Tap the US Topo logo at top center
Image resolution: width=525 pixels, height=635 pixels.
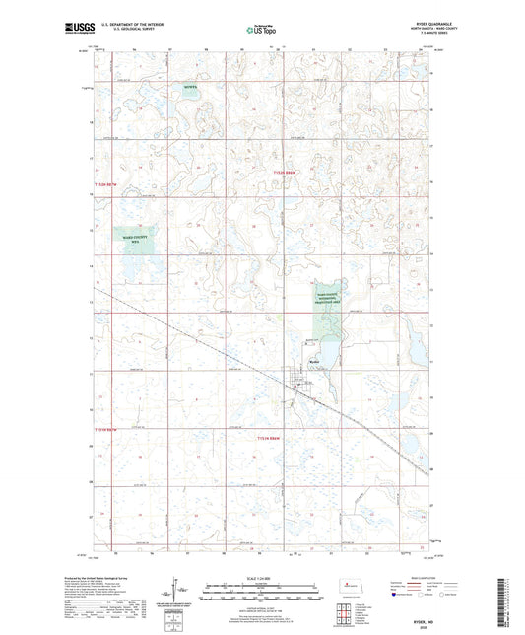pyautogui.click(x=259, y=31)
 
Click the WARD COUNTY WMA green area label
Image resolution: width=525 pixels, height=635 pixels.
pyautogui.click(x=134, y=240)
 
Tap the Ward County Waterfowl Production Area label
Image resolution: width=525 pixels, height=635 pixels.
pyautogui.click(x=327, y=300)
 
